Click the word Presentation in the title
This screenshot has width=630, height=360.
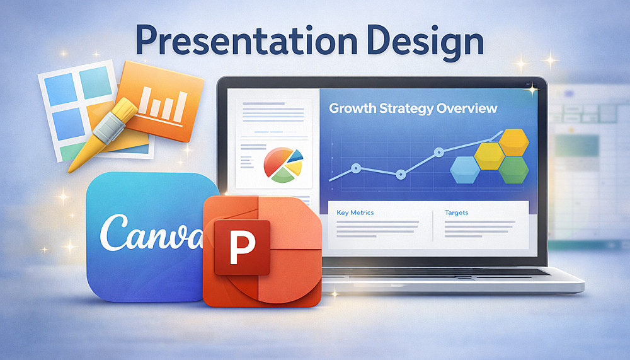246,40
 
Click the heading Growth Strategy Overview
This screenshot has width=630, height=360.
413,108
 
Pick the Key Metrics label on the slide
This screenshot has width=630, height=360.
355,212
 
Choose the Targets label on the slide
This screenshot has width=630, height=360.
456,212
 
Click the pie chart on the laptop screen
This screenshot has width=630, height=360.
283,165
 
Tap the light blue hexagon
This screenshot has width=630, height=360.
465,170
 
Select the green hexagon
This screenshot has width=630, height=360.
514,170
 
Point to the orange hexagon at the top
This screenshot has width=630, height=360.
514,142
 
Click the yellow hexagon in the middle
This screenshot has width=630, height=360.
490,156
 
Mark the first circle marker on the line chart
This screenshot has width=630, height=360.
356,168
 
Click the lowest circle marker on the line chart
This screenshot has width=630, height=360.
401,175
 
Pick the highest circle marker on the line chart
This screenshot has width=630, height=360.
439,152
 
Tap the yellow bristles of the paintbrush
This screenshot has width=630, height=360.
125,110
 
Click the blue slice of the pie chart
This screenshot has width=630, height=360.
295,156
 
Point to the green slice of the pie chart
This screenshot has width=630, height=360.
283,176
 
